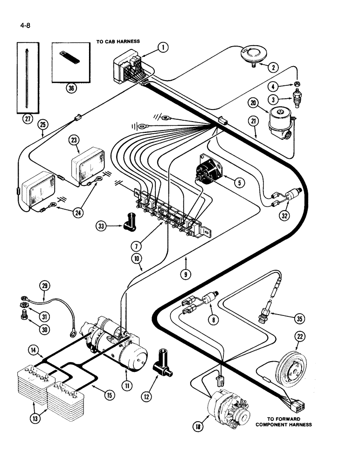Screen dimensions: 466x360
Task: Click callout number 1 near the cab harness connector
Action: click(162, 47)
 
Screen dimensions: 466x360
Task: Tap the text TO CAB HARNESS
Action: click(118, 41)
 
